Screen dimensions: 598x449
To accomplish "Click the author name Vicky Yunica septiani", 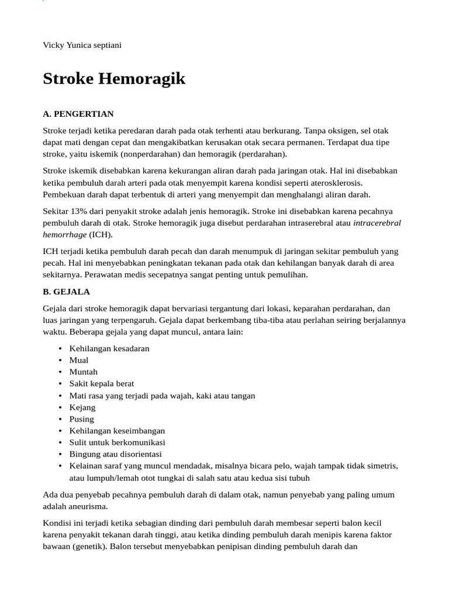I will [x=82, y=45].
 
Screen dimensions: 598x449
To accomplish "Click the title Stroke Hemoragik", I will [x=114, y=79].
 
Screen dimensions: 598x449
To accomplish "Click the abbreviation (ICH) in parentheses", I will [x=100, y=235].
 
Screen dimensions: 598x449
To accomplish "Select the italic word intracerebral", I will [x=377, y=223].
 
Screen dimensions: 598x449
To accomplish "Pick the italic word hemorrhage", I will [x=64, y=235].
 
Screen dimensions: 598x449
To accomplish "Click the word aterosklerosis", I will [x=330, y=183].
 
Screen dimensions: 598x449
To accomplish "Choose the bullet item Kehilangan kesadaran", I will [x=109, y=349].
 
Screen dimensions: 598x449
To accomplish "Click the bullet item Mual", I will [x=79, y=360].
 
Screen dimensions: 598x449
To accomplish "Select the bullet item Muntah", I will [x=84, y=372].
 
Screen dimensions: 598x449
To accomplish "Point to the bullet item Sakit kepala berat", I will [x=102, y=384].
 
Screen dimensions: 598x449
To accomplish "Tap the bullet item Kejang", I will [x=82, y=407].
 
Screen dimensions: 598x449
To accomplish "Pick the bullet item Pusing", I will [x=82, y=419].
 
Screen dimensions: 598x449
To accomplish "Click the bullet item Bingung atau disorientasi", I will [x=116, y=454].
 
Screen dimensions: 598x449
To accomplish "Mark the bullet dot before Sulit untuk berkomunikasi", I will [x=61, y=442].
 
